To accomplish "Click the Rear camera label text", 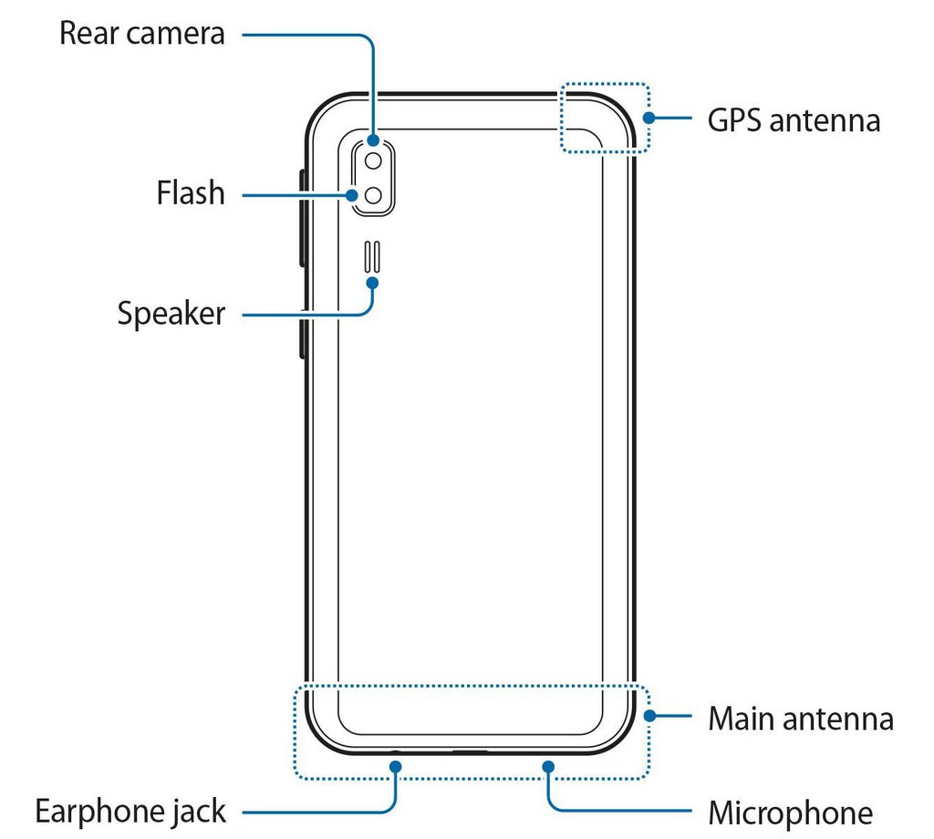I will point(141,35).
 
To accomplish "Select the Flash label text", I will point(190,193).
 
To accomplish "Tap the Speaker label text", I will point(171,315).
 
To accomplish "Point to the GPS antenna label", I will point(794,119).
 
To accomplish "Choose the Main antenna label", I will point(801,719).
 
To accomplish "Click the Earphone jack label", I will point(130,810).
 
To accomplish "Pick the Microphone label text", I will point(790,811).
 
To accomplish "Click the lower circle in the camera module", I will point(374,194).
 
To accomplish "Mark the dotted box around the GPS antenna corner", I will point(604,119).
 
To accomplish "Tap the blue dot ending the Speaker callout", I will point(373,282).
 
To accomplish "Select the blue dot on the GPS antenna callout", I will point(649,118).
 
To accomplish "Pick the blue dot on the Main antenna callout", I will point(649,716).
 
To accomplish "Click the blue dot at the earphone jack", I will point(397,767).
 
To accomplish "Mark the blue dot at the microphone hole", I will point(549,767).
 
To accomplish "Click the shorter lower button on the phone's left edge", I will point(302,337).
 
